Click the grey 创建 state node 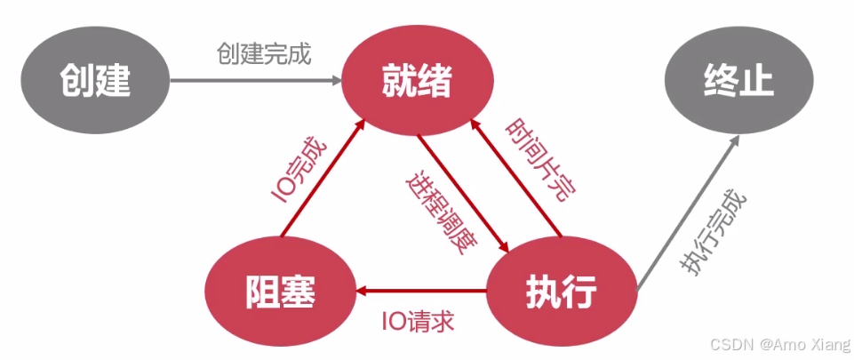95,81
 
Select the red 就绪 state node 417,81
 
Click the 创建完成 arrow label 264,54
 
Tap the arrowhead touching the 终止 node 734,141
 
